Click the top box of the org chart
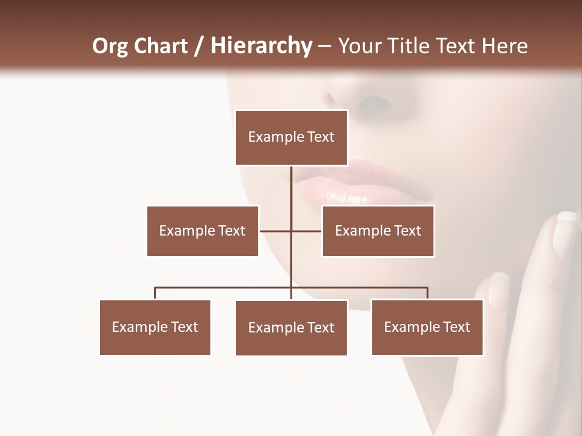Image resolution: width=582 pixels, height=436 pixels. point(292,137)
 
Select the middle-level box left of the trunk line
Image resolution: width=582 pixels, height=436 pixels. point(202,231)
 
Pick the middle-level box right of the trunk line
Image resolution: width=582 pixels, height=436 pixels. point(378,231)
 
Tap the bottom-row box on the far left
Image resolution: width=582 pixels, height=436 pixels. point(155,327)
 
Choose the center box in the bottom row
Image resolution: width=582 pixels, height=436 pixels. point(292,328)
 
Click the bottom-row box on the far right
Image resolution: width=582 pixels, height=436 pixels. point(427,327)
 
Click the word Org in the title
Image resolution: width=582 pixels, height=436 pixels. point(110,46)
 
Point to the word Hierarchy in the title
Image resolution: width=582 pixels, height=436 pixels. point(261,46)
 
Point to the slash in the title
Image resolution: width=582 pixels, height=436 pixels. point(199,47)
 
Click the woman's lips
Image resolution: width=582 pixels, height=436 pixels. point(364,182)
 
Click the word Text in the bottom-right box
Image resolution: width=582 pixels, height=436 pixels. point(456,327)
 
